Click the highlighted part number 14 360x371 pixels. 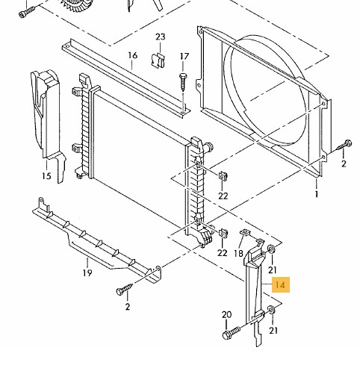point(281,284)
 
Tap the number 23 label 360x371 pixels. point(161,37)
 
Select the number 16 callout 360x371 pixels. point(133,55)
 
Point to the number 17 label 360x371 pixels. point(184,57)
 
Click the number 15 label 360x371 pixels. point(46,176)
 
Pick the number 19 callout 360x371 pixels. point(87,273)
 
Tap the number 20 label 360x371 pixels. point(226,315)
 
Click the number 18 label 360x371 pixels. point(238,253)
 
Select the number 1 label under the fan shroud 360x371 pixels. point(317,194)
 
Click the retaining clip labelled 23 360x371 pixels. point(158,60)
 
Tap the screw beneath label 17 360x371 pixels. point(183,81)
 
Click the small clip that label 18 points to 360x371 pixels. point(245,233)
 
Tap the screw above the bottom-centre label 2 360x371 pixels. point(125,289)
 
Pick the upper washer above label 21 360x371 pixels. point(271,249)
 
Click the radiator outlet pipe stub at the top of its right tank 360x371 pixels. point(208,146)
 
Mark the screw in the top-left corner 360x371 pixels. point(27,11)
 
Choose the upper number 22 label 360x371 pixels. point(223,196)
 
